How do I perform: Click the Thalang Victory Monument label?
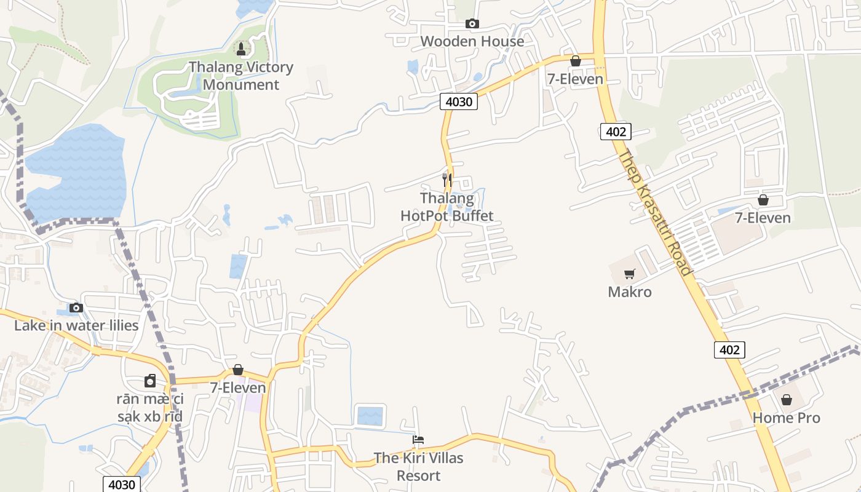click(241, 76)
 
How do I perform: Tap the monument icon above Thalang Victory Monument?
click(241, 49)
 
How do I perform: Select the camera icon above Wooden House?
click(472, 23)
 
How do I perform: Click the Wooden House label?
click(472, 41)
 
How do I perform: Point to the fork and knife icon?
click(447, 180)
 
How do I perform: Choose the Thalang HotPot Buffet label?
click(447, 207)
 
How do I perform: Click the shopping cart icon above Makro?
click(629, 274)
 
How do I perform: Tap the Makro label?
click(630, 292)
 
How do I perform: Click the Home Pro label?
click(787, 418)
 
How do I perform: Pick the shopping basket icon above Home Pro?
click(787, 400)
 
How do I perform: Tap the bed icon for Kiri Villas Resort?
click(418, 440)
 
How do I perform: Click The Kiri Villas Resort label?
click(419, 467)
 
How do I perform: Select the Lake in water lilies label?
click(76, 325)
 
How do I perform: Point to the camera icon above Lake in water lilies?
click(76, 307)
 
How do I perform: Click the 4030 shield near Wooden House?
click(459, 101)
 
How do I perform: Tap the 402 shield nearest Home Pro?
click(729, 350)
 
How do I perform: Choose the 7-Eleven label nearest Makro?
click(763, 218)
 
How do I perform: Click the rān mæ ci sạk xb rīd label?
click(150, 407)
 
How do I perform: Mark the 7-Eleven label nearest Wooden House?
click(576, 79)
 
